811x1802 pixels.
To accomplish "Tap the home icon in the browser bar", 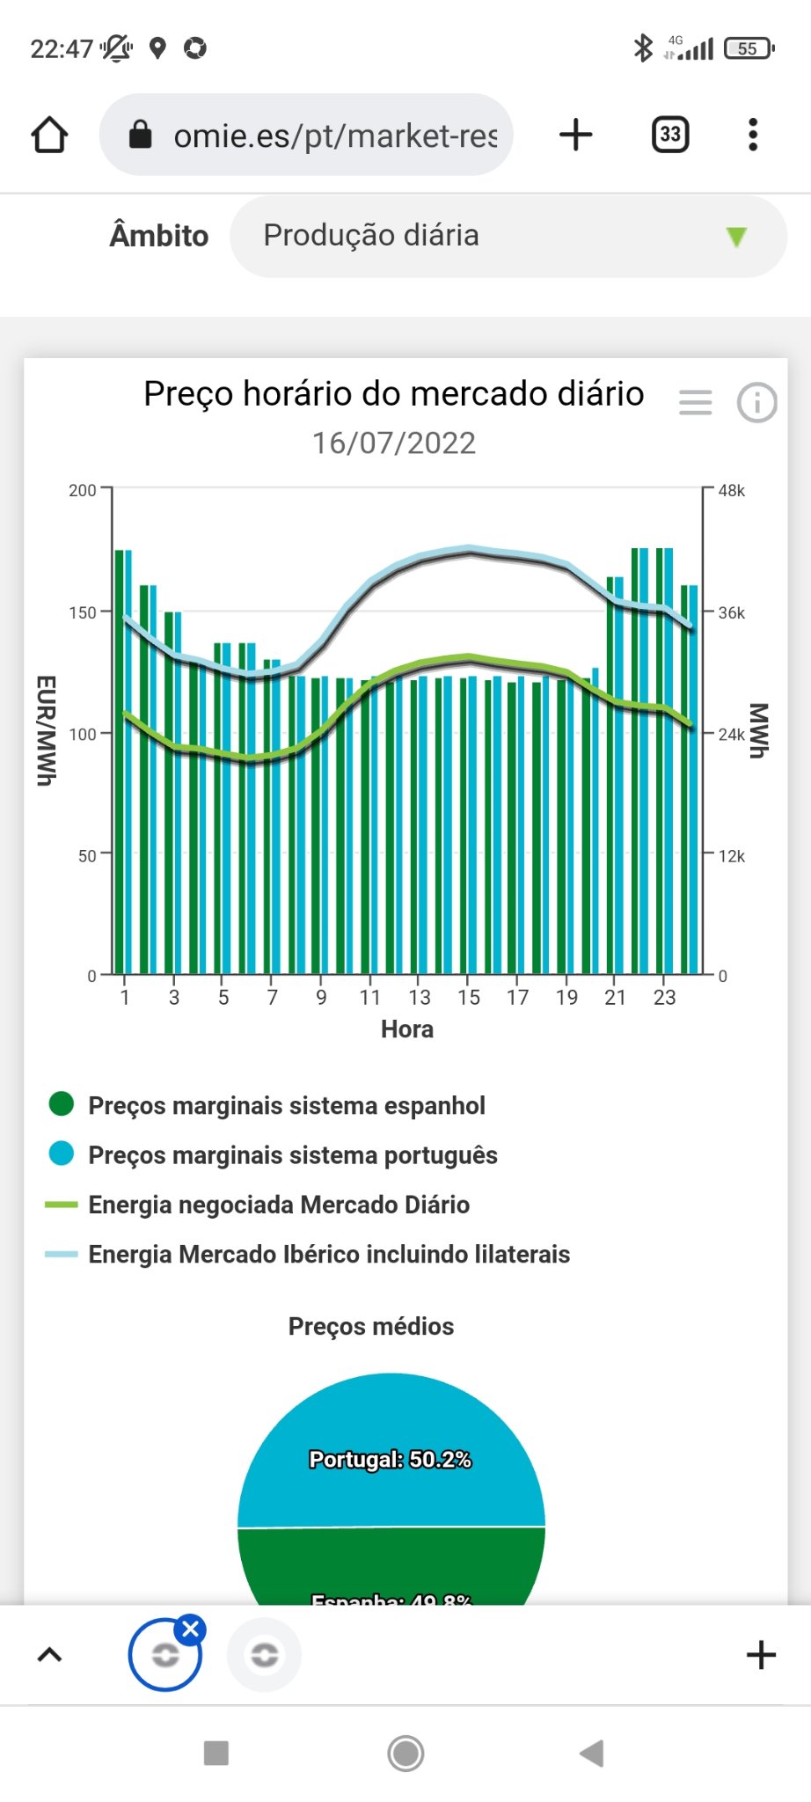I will click(x=49, y=135).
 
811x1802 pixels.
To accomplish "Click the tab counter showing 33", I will click(x=670, y=135).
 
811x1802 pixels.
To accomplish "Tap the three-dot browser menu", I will click(x=752, y=135).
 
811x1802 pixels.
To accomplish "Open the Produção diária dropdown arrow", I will click(x=736, y=236).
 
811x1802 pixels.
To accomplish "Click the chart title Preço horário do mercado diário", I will click(x=393, y=394).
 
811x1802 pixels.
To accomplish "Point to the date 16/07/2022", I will click(x=393, y=443).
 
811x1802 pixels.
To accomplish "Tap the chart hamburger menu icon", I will click(x=695, y=403).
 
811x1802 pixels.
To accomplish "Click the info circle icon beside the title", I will click(x=756, y=403).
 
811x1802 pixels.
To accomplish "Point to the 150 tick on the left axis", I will click(x=83, y=612).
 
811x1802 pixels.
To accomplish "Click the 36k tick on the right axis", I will click(x=731, y=612).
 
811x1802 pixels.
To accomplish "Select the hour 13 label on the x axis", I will click(x=420, y=997).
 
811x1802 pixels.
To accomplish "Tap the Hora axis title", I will click(x=406, y=1029).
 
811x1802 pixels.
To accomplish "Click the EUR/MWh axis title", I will click(x=46, y=730).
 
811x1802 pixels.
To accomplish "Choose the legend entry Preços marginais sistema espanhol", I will click(x=286, y=1105).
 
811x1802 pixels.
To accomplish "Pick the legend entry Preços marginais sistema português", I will click(x=292, y=1154).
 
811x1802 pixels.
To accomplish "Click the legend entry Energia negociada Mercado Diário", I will click(x=278, y=1205).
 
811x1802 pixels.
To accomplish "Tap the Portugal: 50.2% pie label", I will click(x=390, y=1460).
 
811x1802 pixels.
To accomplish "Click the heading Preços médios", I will click(x=371, y=1326).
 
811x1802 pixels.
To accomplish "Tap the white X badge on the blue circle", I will click(x=190, y=1630).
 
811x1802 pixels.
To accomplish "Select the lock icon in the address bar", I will click(x=141, y=135).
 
